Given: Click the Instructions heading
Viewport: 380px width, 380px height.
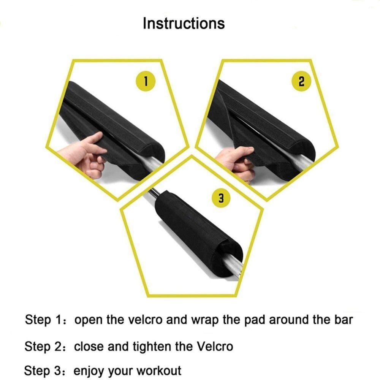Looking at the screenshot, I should [x=184, y=23].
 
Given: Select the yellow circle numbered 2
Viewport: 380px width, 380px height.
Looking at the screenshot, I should [x=301, y=81].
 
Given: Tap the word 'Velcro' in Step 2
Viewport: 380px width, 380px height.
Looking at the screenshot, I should [x=214, y=347].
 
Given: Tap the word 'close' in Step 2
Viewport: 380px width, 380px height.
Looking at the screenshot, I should [x=89, y=347].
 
